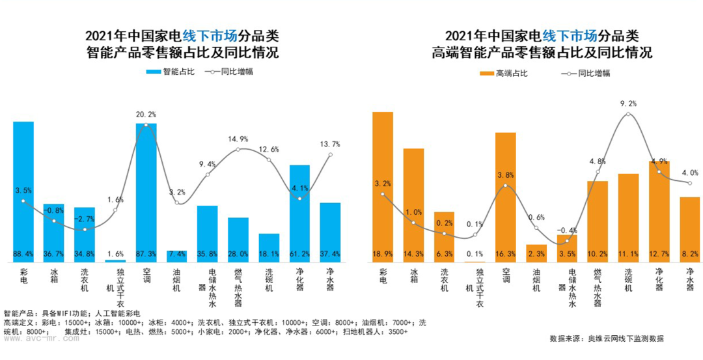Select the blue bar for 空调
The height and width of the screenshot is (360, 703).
coord(146,193)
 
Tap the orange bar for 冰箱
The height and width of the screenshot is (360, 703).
coord(413,205)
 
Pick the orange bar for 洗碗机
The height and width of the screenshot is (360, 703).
coord(628,217)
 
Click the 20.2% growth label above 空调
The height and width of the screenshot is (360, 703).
coord(146,114)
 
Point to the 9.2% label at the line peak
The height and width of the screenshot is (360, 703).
coord(628,103)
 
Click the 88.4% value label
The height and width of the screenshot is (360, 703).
coord(23,254)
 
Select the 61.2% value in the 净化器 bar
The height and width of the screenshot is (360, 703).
coord(299,254)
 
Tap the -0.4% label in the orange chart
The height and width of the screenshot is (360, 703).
coord(567,230)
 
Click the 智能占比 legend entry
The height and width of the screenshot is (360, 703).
coord(171,72)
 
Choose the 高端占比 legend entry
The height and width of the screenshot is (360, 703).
coord(503,73)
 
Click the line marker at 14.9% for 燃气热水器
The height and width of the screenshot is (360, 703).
coord(238,150)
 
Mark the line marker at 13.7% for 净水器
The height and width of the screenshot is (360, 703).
coord(331,154)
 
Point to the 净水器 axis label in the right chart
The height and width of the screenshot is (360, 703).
coord(689,280)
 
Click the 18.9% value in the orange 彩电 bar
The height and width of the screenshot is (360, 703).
coord(383,254)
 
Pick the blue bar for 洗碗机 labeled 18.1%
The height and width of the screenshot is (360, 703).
coord(269,247)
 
